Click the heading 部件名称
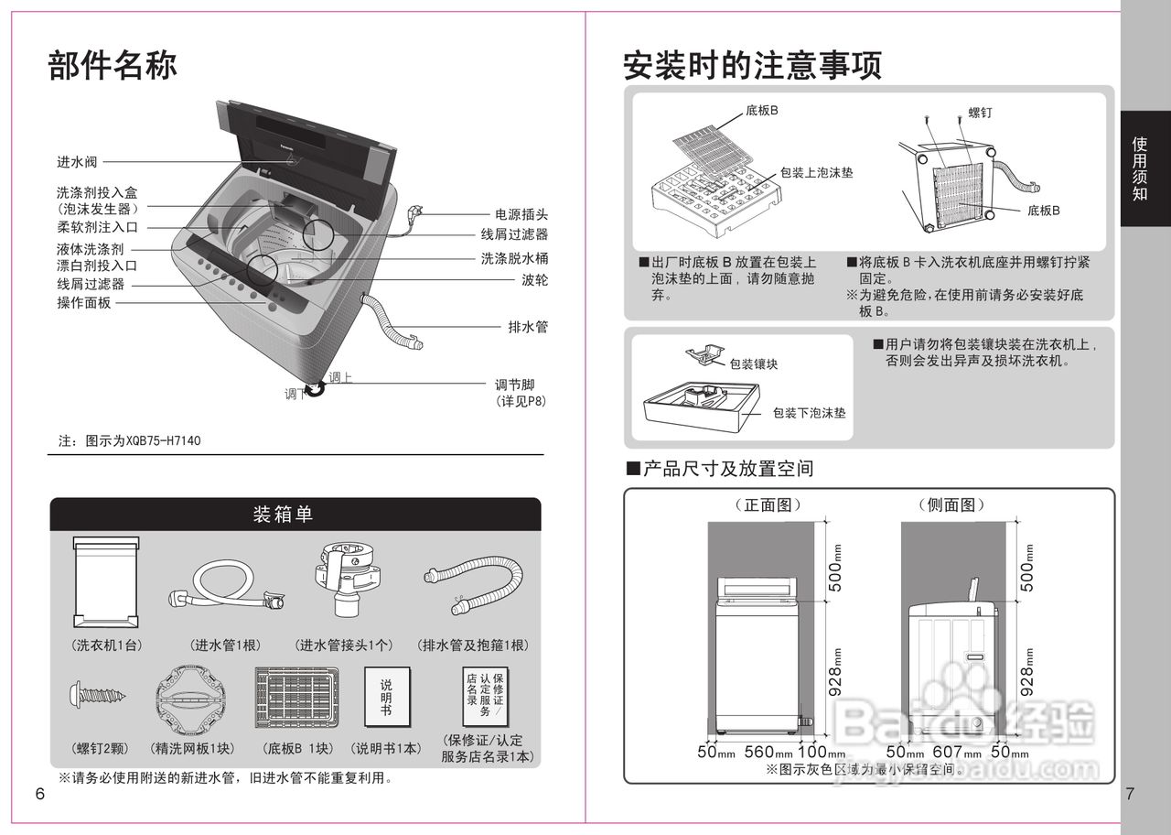coord(112,66)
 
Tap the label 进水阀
coord(77,162)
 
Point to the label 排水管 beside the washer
coord(528,327)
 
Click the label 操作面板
coord(84,302)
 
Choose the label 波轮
coord(534,280)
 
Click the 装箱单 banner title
coord(283,515)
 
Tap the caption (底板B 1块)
coord(298,748)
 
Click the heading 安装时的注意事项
coord(752,66)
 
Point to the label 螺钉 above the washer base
coord(980,114)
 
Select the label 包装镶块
coord(754,363)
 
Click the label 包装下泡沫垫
coord(809,413)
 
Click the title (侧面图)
coord(951,505)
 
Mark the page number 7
coord(1130,795)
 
